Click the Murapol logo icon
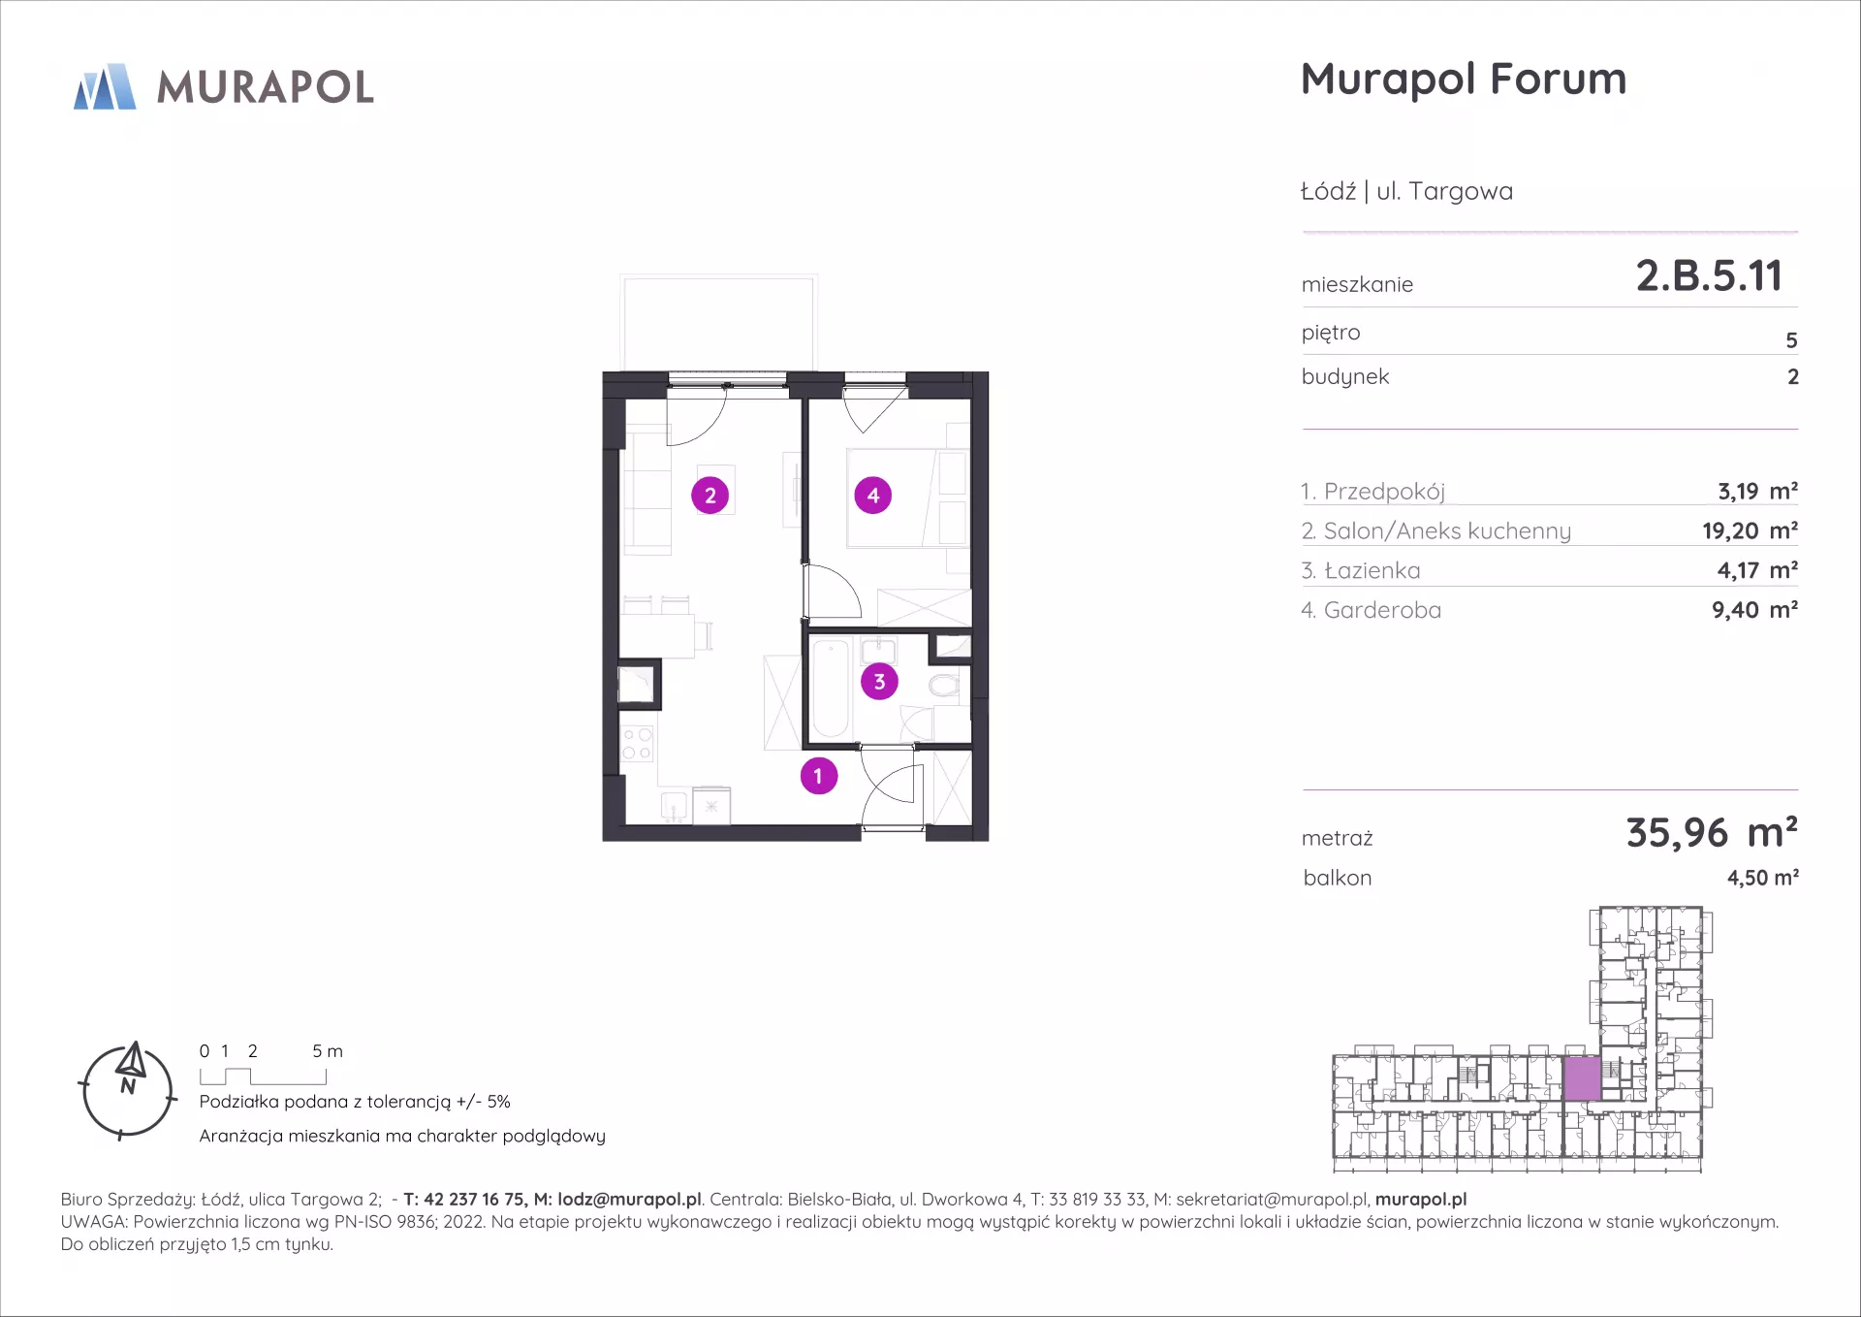click(x=105, y=86)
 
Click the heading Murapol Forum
click(x=1464, y=79)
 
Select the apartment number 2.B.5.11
click(x=1709, y=275)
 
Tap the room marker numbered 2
click(x=710, y=496)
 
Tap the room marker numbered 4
click(x=873, y=496)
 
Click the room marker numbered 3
click(x=879, y=682)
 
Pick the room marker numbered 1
click(x=819, y=776)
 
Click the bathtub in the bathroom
click(x=831, y=690)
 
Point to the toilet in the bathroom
click(x=944, y=687)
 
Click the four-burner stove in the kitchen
click(x=637, y=743)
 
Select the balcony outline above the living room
click(x=718, y=324)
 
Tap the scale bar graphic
click(x=263, y=1076)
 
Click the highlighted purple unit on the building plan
click(x=1582, y=1078)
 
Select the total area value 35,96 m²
click(x=1712, y=833)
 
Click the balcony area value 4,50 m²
click(x=1763, y=878)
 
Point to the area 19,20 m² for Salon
click(x=1750, y=530)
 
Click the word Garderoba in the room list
click(x=1382, y=610)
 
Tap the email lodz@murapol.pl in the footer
click(x=629, y=1200)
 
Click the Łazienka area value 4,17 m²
click(x=1757, y=570)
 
